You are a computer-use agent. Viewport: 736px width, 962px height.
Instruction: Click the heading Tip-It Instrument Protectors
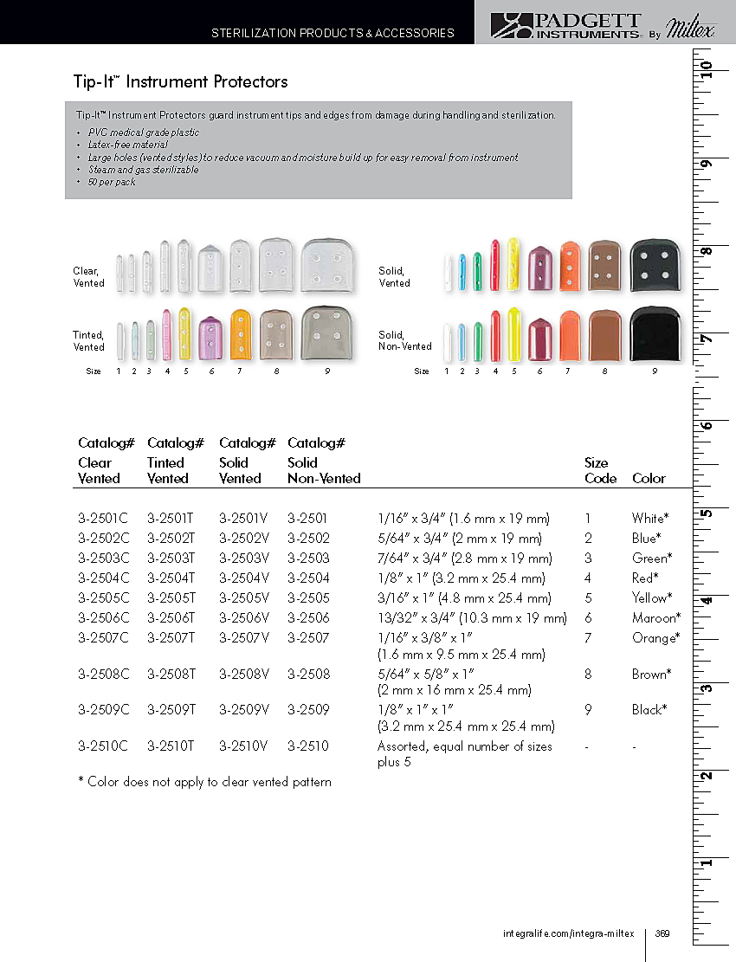180,82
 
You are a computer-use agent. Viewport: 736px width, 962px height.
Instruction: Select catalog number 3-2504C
103,578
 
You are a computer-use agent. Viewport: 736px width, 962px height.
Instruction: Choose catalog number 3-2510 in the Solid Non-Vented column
308,746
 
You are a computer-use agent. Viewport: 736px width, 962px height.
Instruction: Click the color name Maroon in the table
655,618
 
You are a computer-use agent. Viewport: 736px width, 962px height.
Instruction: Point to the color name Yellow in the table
652,598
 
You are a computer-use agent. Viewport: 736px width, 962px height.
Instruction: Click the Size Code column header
600,470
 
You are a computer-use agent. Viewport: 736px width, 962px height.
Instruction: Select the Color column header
649,478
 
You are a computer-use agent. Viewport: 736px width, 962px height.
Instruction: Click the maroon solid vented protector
540,268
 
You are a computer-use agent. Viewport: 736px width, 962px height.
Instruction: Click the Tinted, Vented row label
88,340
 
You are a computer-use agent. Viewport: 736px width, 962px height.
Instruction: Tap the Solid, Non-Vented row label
404,340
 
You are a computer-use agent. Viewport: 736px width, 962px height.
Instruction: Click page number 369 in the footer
662,933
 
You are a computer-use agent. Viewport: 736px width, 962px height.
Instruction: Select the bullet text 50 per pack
112,183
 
